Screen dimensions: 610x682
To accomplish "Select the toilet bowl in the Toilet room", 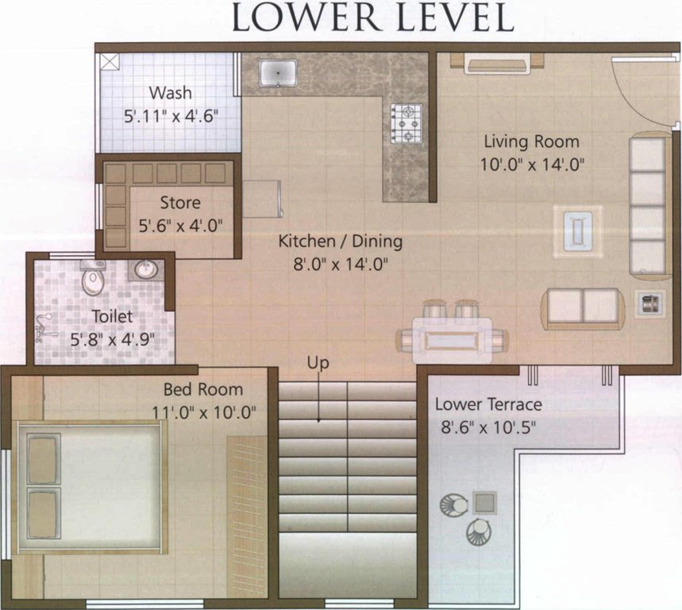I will click(x=94, y=277).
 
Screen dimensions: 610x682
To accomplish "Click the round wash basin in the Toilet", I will click(x=146, y=270).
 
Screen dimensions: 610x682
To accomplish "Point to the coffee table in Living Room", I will click(x=577, y=230).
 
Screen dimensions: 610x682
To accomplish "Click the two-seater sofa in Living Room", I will click(x=583, y=307).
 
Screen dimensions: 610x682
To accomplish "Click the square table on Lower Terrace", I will click(x=484, y=502).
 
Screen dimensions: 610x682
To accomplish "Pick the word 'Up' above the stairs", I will click(x=318, y=363).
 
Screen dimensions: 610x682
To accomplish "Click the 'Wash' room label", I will click(x=170, y=92).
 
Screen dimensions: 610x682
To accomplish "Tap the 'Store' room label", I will click(x=180, y=203).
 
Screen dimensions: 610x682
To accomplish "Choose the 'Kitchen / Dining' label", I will click(x=339, y=241).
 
